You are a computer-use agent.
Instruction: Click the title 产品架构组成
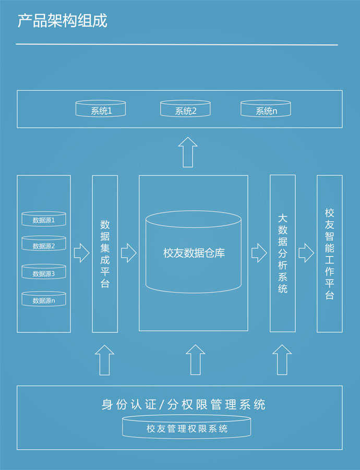(62, 21)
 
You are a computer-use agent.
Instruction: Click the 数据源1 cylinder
(44, 219)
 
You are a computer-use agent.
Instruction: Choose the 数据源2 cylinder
(44, 244)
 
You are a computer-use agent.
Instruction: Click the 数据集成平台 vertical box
(105, 254)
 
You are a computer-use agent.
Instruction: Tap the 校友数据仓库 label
(194, 254)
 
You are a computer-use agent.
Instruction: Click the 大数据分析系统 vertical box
(282, 254)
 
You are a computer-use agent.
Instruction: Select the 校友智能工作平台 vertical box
(329, 254)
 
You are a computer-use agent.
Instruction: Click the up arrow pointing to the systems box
(187, 152)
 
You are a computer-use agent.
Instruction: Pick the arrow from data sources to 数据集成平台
(81, 254)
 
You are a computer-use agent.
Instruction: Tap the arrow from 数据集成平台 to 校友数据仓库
(128, 254)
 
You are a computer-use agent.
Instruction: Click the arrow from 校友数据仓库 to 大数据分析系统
(259, 254)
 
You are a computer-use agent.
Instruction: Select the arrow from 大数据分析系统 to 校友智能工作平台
(306, 254)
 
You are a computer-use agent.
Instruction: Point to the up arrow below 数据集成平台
(104, 359)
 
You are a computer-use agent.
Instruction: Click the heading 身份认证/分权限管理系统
(183, 404)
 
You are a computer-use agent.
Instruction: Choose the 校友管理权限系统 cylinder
(187, 428)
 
